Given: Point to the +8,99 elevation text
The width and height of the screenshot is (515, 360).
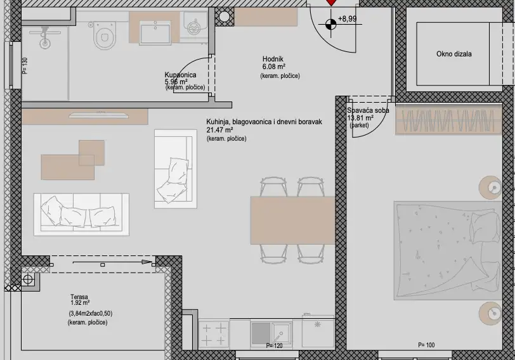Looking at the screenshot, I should click(348, 19).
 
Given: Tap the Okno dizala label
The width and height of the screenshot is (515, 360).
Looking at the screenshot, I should click(453, 55).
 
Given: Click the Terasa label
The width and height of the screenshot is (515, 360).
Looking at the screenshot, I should click(79, 296).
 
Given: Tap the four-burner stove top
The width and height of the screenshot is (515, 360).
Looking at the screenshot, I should click(214, 333).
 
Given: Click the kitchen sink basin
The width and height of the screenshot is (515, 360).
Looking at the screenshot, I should click(260, 332).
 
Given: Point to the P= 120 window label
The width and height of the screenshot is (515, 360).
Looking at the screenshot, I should click(274, 346).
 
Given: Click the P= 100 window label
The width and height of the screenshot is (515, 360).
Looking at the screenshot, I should click(426, 345).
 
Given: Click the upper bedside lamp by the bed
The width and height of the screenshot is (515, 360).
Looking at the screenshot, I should click(493, 186).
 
